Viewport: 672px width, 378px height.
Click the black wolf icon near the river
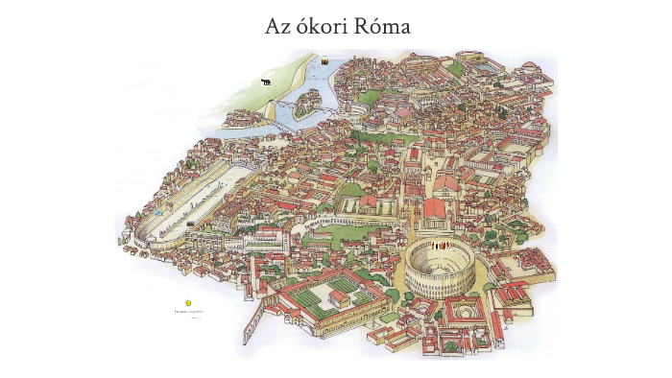click(x=266, y=83)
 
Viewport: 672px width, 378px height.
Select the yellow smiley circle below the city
click(x=189, y=303)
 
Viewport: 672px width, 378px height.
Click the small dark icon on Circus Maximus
click(x=191, y=224)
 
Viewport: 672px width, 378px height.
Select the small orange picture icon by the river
click(x=326, y=62)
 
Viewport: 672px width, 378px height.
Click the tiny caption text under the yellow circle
click(x=188, y=312)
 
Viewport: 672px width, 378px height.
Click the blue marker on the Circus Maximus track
click(x=158, y=212)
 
